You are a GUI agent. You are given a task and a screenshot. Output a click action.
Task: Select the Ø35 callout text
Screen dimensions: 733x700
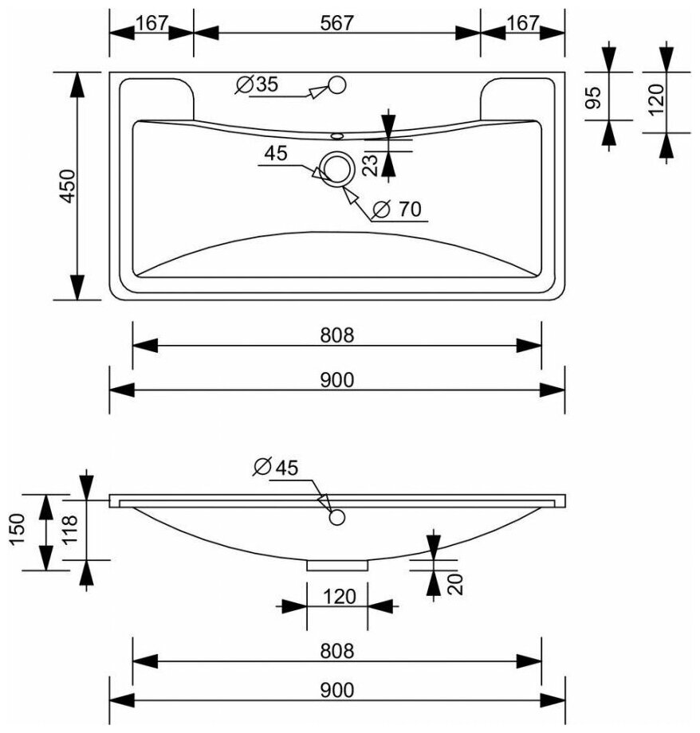pos(257,84)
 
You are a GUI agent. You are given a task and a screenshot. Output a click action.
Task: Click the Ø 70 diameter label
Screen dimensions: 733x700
pos(396,210)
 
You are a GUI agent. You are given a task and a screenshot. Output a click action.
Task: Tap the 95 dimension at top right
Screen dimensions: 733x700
pos(592,97)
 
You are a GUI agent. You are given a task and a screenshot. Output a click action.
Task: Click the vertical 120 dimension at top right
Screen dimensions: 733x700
pos(655,101)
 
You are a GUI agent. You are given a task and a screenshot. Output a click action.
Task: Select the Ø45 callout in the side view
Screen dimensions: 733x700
pos(274,468)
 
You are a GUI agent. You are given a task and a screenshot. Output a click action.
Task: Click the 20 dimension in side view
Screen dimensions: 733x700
pos(455,584)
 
